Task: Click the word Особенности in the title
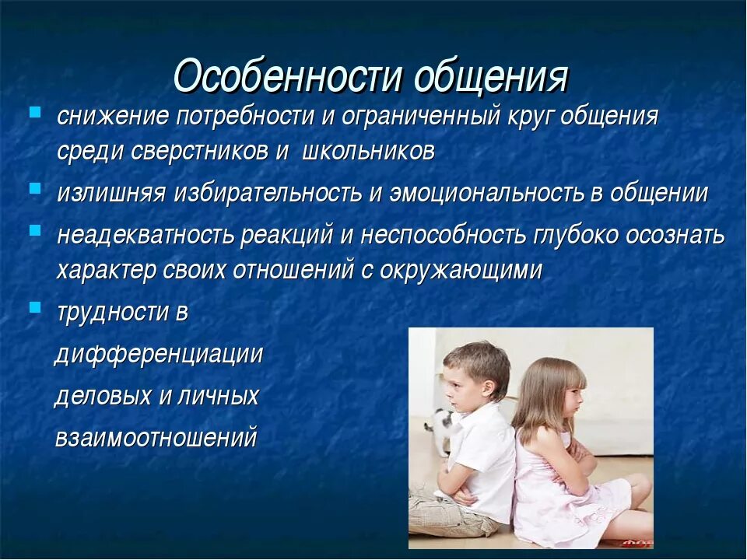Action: (x=287, y=76)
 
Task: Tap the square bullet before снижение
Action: (x=35, y=113)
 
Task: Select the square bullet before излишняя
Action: (x=35, y=188)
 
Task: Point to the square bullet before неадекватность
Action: (x=35, y=230)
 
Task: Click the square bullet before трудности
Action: (x=35, y=307)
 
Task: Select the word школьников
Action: (x=368, y=152)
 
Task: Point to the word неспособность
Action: (x=443, y=235)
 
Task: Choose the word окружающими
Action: (x=461, y=271)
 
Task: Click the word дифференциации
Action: (x=159, y=355)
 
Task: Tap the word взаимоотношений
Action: (x=156, y=437)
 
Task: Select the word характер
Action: (x=107, y=271)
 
